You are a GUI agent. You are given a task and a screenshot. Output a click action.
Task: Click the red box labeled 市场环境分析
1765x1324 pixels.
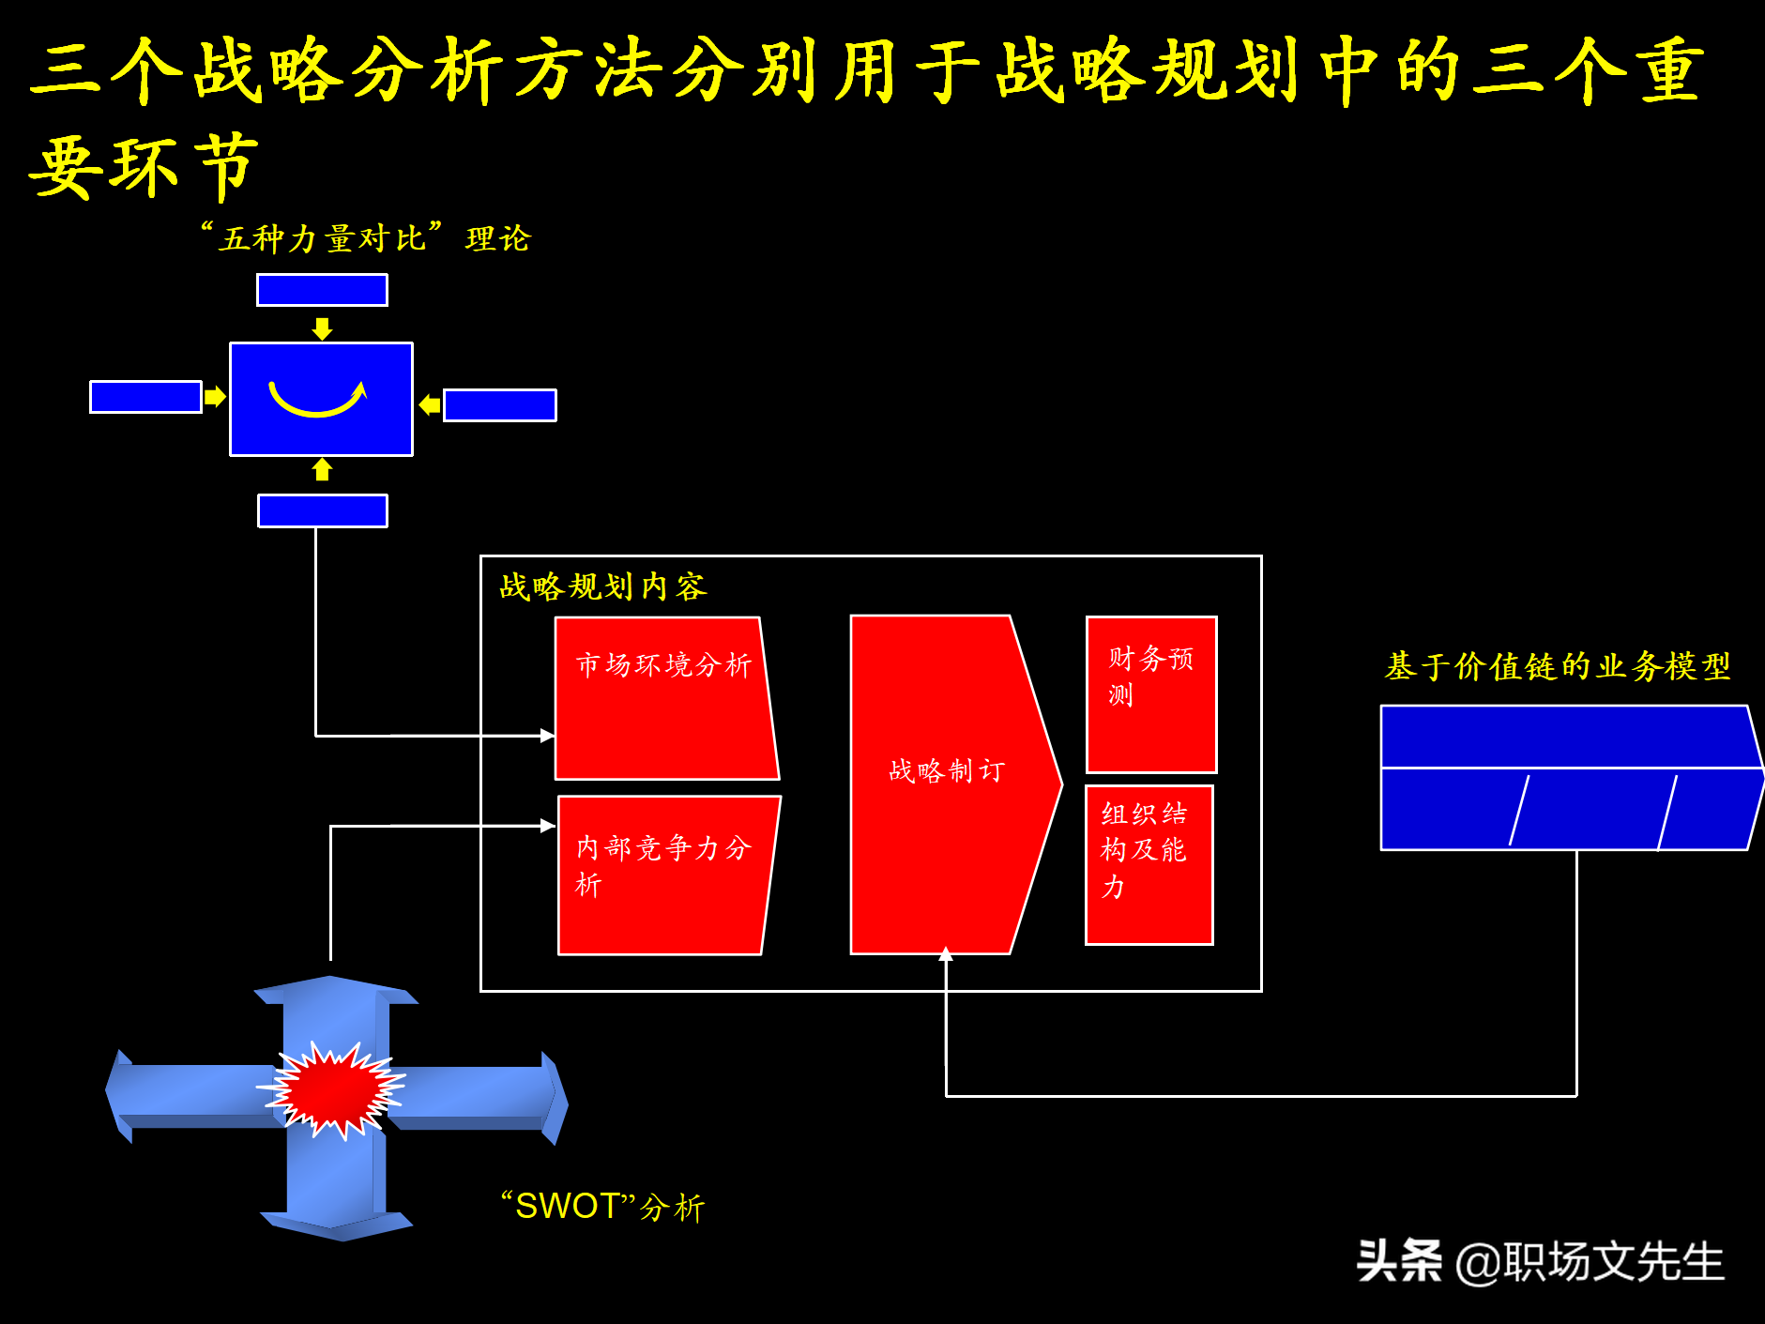[664, 699]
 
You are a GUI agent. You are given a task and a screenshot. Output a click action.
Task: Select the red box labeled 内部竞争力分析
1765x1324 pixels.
[666, 875]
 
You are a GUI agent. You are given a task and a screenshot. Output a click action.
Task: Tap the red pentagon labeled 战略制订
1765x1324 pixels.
[948, 784]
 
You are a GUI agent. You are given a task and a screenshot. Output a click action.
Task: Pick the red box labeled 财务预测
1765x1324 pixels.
[1151, 694]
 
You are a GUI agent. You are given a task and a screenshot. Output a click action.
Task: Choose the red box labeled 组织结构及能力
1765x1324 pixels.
[1149, 864]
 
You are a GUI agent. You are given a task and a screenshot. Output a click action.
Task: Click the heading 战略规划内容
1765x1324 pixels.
[602, 586]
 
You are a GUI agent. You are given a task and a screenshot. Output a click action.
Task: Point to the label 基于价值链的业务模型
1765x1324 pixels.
[1557, 666]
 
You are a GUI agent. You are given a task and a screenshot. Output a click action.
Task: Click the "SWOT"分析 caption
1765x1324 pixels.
[602, 1206]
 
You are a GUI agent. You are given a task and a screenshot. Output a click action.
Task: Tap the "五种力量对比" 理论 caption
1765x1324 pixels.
[366, 237]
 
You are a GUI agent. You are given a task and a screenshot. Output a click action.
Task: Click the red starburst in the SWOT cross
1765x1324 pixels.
[332, 1089]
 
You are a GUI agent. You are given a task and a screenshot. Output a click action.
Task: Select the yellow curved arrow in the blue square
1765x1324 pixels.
[318, 398]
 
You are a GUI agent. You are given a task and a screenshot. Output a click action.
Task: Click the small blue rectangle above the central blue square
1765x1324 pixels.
[322, 290]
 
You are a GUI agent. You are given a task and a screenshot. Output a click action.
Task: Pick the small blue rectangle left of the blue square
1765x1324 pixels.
[145, 397]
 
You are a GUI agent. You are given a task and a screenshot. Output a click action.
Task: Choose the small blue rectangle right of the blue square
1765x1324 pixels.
[499, 405]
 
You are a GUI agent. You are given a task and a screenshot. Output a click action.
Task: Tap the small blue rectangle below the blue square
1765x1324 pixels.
[322, 511]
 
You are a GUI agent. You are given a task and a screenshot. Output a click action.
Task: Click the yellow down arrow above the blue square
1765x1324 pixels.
[322, 328]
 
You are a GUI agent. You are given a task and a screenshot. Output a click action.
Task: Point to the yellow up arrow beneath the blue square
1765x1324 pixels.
[322, 469]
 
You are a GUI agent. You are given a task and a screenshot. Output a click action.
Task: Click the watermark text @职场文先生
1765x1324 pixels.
[1590, 1261]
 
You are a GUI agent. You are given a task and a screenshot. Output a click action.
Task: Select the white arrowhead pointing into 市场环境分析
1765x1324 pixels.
[548, 736]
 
